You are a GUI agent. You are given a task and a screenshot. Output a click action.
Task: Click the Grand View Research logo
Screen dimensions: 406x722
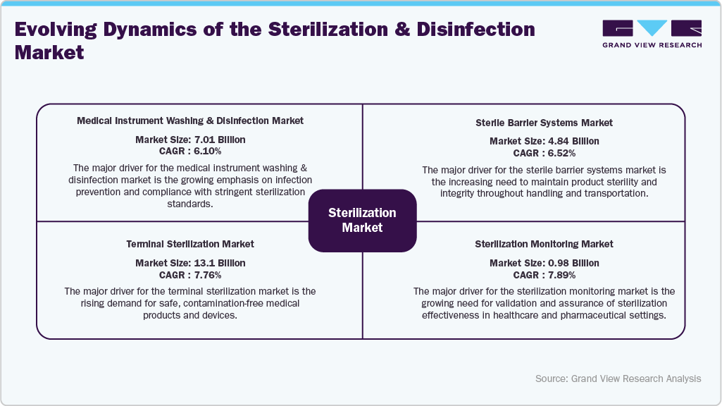(x=652, y=34)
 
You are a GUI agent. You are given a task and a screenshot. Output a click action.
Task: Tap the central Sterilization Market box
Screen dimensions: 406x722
(x=362, y=220)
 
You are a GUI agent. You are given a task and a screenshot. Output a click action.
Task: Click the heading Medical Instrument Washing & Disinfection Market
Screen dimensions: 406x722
(x=190, y=121)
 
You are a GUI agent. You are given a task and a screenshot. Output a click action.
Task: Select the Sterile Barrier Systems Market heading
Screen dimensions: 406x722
(x=544, y=123)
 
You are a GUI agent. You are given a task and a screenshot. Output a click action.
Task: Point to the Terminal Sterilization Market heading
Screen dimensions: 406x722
(x=190, y=244)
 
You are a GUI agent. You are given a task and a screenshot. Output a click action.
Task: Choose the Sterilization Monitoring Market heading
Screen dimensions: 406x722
(x=544, y=244)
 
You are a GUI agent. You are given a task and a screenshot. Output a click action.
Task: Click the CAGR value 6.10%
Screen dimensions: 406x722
(x=204, y=151)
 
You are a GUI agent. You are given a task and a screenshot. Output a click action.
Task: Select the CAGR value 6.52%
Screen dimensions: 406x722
(x=558, y=153)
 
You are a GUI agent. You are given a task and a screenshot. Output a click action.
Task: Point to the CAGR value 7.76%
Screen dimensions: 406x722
(x=204, y=274)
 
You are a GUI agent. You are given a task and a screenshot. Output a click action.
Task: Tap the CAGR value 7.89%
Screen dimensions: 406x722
(x=558, y=274)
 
